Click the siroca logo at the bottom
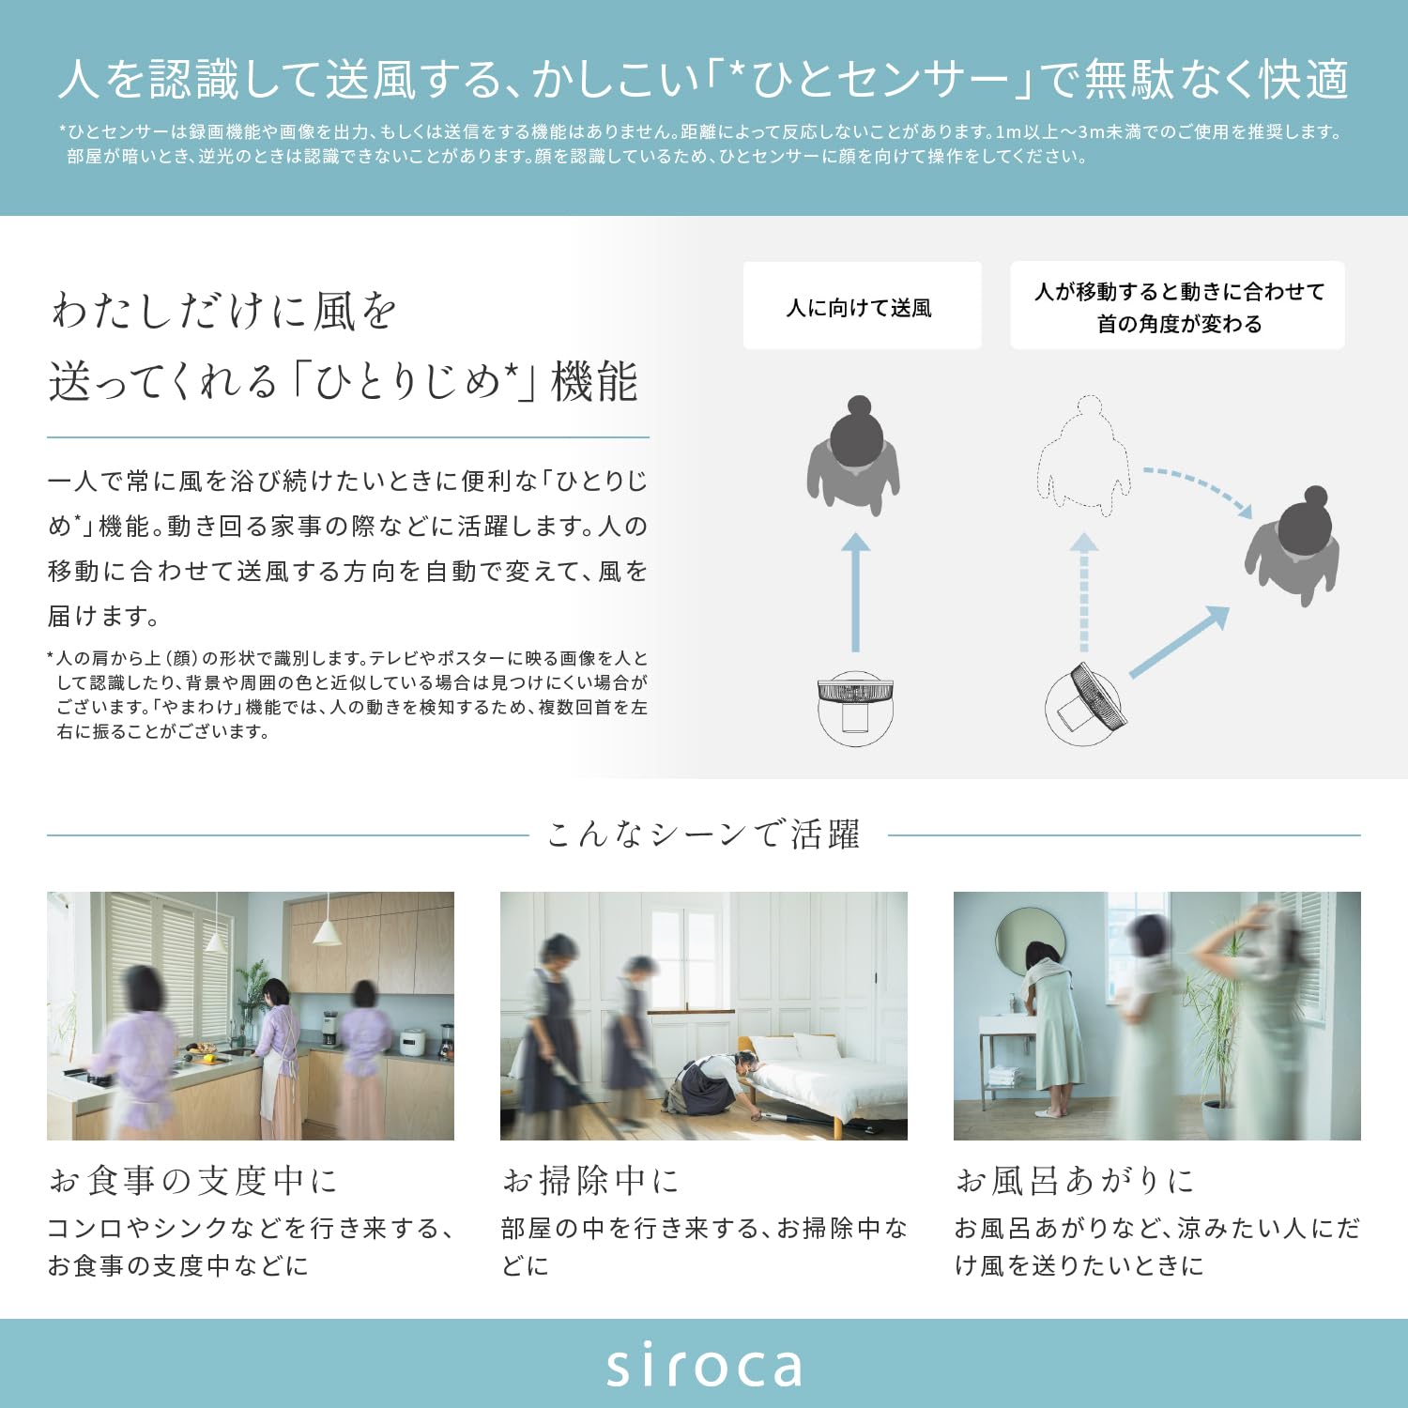click(x=704, y=1366)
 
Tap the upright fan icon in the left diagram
click(x=854, y=706)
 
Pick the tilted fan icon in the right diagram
click(x=1087, y=704)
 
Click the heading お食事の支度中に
click(x=193, y=1180)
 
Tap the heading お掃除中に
click(x=590, y=1180)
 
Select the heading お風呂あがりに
click(x=1076, y=1180)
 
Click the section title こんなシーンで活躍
click(x=704, y=834)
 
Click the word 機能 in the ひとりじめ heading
click(x=595, y=381)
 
